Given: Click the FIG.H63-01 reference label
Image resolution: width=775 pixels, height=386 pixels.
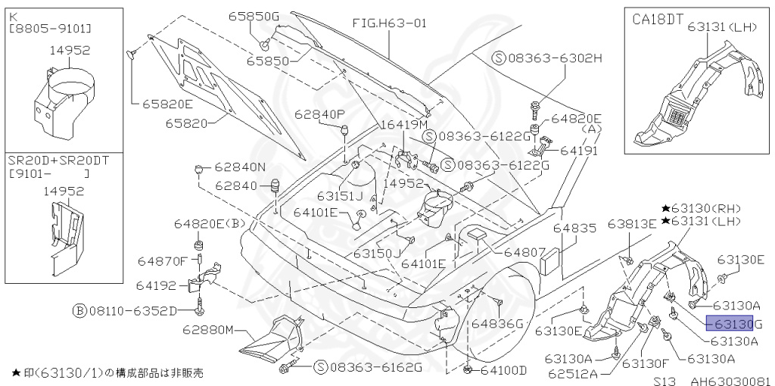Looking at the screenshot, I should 390,23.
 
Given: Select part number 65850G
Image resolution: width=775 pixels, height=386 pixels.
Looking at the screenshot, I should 254,16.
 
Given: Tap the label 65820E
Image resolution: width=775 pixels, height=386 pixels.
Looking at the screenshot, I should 167,103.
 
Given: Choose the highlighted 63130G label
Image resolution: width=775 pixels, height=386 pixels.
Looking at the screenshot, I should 733,324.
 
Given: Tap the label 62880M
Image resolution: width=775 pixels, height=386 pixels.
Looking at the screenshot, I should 207,331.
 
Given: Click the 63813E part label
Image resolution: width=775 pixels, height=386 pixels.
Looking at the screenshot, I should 632,224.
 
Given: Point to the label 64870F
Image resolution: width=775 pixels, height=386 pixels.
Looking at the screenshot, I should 162,261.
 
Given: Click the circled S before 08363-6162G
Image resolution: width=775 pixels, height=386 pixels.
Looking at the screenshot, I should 321,367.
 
